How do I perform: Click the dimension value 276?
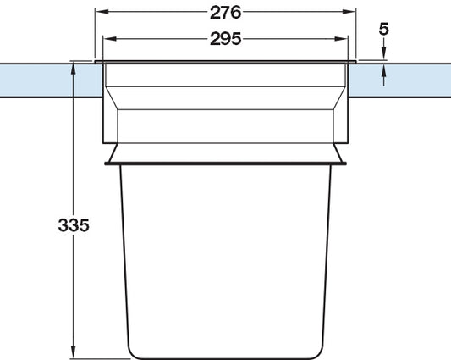tap(225, 13)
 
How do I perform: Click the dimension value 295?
tap(225, 39)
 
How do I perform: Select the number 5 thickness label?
tap(384, 28)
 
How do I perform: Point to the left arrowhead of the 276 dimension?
tap(99, 13)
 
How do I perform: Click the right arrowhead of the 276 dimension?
tap(351, 13)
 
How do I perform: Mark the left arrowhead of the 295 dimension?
tap(107, 39)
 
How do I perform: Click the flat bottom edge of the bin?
tap(225, 357)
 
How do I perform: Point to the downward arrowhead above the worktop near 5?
tap(384, 55)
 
